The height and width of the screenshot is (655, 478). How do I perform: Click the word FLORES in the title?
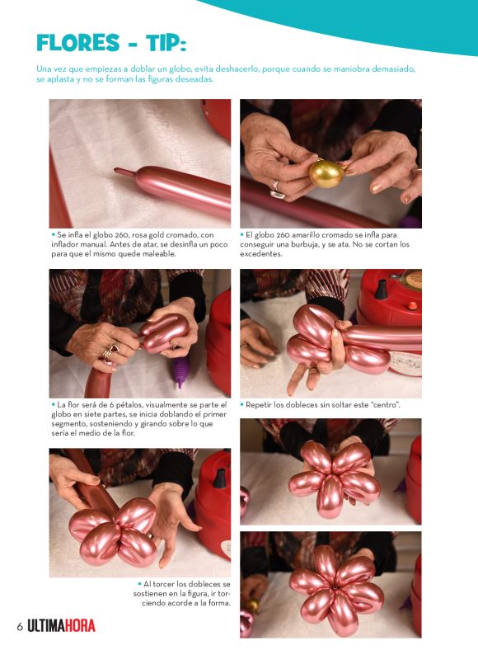78,43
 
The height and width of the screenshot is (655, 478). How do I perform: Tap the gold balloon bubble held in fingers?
326,173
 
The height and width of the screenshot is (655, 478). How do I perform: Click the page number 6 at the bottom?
20,627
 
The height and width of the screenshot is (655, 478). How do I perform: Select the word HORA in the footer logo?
79,626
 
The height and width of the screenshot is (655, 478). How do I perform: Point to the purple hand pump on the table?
180,371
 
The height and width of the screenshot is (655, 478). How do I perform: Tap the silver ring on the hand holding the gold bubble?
276,189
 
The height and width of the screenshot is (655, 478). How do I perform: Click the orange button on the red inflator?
412,306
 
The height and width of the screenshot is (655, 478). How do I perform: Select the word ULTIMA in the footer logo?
45,626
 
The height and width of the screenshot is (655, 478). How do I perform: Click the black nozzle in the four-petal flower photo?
219,478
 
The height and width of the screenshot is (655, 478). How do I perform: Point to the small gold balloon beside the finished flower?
252,605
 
